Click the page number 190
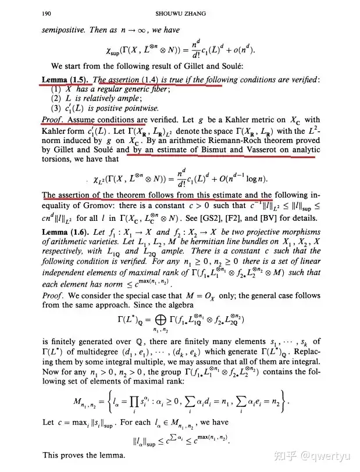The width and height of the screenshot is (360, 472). (49, 12)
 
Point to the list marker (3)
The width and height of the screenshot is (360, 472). (56, 108)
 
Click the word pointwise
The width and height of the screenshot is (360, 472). (141, 108)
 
